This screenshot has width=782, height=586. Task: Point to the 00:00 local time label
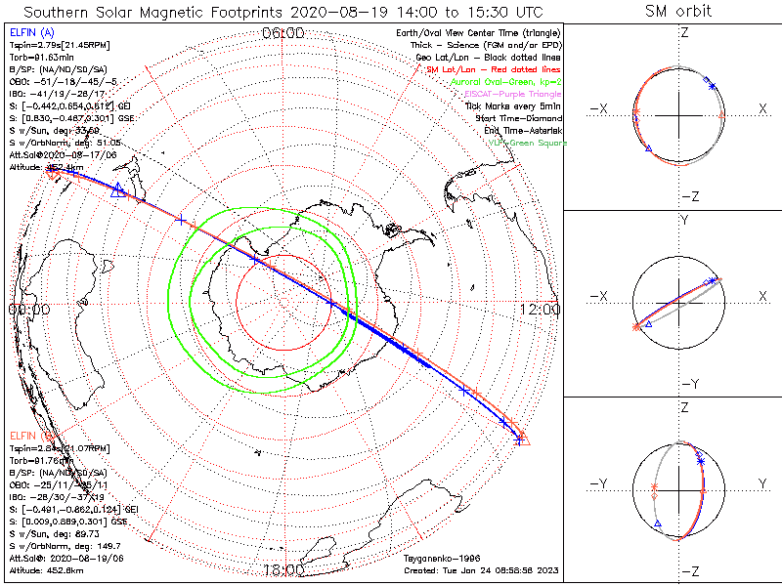click(28, 309)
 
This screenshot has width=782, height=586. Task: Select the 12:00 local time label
click(540, 309)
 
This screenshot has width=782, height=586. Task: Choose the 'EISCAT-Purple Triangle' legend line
click(512, 95)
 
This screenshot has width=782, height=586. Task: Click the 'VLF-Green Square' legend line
click(526, 143)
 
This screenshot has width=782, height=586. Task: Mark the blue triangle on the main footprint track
click(118, 189)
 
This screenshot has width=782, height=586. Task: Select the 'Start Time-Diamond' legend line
click(519, 118)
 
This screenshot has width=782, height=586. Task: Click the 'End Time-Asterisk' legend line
click(521, 130)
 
